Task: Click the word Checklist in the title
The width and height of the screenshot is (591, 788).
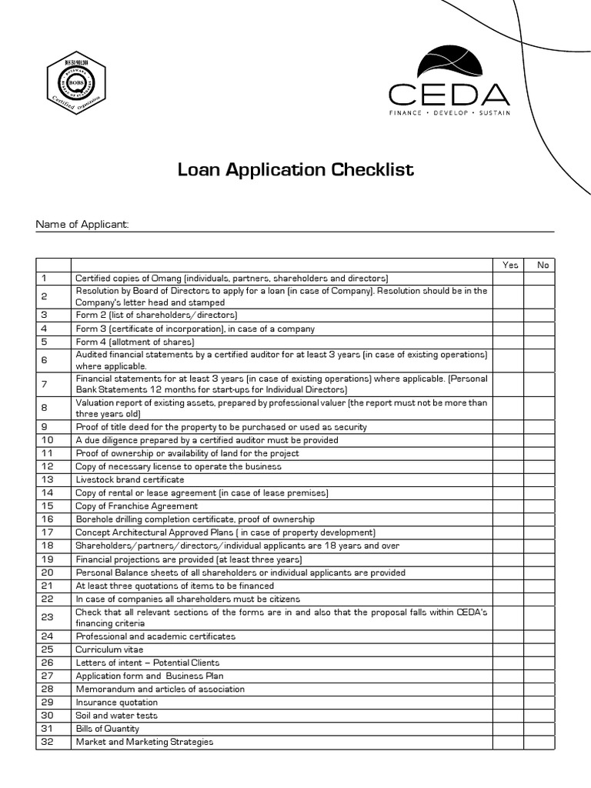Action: (372, 169)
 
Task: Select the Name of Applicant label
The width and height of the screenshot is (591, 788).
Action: (82, 225)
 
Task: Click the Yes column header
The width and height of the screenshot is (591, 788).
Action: (510, 265)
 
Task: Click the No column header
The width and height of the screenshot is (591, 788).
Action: (543, 265)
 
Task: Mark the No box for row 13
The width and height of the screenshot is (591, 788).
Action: (543, 479)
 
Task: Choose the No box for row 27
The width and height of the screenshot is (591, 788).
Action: (543, 676)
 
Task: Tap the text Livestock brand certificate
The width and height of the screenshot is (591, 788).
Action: (130, 479)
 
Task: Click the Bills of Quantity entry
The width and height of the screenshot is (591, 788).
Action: (108, 729)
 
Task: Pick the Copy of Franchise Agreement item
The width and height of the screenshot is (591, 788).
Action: (137, 506)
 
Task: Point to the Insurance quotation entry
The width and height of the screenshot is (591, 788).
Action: (116, 702)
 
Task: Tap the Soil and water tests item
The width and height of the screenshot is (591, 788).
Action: (116, 716)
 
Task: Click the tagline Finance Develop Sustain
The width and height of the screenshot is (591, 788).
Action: (449, 112)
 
